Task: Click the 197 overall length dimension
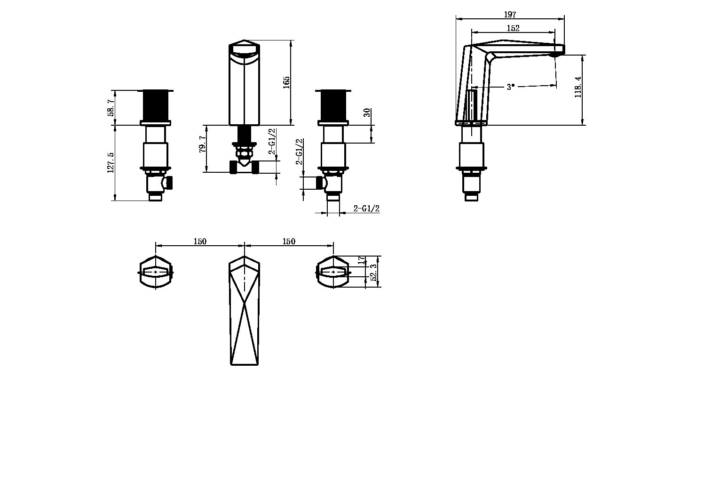coord(510,15)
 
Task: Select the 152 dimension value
coord(513,28)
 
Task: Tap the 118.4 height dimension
coord(578,87)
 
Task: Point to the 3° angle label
coord(511,87)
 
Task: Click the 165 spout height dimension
coord(286,82)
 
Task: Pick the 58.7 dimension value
coord(111,108)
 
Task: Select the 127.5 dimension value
coord(111,163)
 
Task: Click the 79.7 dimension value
coord(203,145)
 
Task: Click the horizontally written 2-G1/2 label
coord(366,208)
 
